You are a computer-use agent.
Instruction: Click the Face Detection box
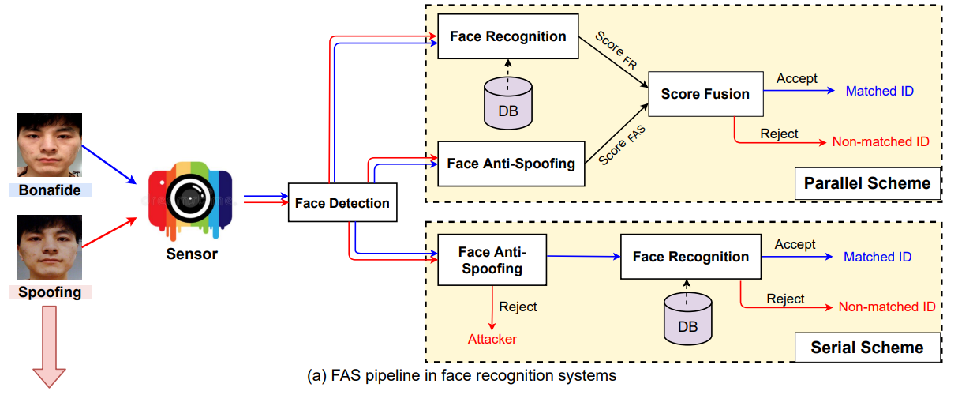pos(342,203)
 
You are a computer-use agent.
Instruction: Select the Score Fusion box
pos(705,94)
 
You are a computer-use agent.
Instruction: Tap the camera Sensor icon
pos(190,198)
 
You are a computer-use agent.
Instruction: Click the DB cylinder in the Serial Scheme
pos(687,318)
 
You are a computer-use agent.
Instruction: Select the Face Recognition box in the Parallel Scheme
pos(507,36)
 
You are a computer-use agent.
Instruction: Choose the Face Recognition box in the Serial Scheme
pos(690,257)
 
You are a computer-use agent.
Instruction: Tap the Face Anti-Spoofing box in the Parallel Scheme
pos(511,164)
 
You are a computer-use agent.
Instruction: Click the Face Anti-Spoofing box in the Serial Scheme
pos(492,260)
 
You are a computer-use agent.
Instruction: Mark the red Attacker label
pos(492,339)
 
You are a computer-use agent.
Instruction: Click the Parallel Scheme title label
pos(867,184)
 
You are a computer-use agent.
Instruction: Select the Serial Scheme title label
pos(866,348)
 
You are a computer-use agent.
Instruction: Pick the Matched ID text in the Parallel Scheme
pos(879,91)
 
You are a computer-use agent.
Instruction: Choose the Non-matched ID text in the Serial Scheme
pos(887,307)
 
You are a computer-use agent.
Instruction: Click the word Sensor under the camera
pos(191,254)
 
